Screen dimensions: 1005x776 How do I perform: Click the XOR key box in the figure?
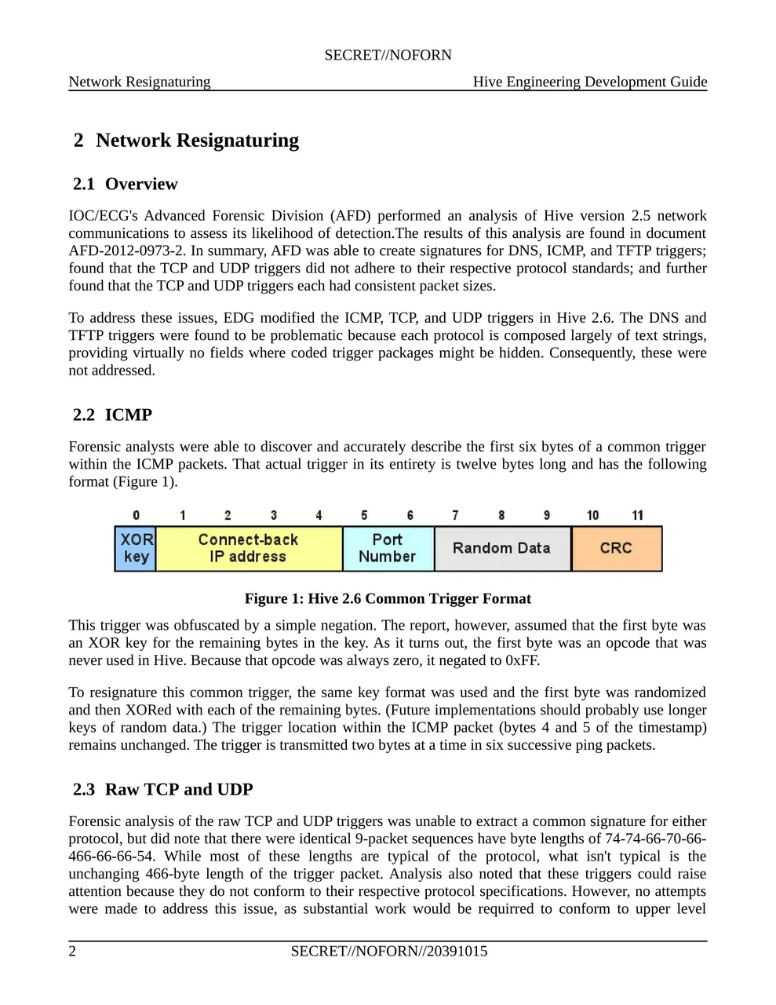tap(136, 548)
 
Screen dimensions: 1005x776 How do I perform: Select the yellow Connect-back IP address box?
tap(249, 548)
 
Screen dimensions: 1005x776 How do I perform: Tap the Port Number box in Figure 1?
tap(388, 548)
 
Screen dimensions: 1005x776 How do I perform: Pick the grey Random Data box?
tap(501, 548)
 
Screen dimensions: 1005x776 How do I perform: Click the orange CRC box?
tap(616, 548)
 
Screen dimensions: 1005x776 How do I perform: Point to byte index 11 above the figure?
tap(637, 515)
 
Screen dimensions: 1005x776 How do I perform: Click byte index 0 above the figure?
tap(137, 515)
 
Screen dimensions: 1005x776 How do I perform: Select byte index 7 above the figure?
tap(455, 515)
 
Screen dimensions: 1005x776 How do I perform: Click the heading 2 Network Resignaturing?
tap(186, 141)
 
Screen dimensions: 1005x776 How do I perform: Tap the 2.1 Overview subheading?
tap(126, 185)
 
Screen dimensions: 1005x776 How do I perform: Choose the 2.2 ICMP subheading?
tap(113, 415)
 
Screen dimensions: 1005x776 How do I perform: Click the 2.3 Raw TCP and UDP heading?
tap(163, 790)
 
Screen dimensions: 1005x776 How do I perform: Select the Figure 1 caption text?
tap(388, 599)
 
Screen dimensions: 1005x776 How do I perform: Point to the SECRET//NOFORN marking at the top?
tap(388, 55)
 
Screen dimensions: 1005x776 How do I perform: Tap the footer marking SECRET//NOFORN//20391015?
tap(388, 952)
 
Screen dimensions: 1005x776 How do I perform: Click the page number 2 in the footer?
tap(73, 952)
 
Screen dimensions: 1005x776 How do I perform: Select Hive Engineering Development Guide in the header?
tap(590, 82)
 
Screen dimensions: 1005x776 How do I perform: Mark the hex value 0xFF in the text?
tap(522, 660)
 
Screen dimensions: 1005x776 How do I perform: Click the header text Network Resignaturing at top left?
tap(140, 82)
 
